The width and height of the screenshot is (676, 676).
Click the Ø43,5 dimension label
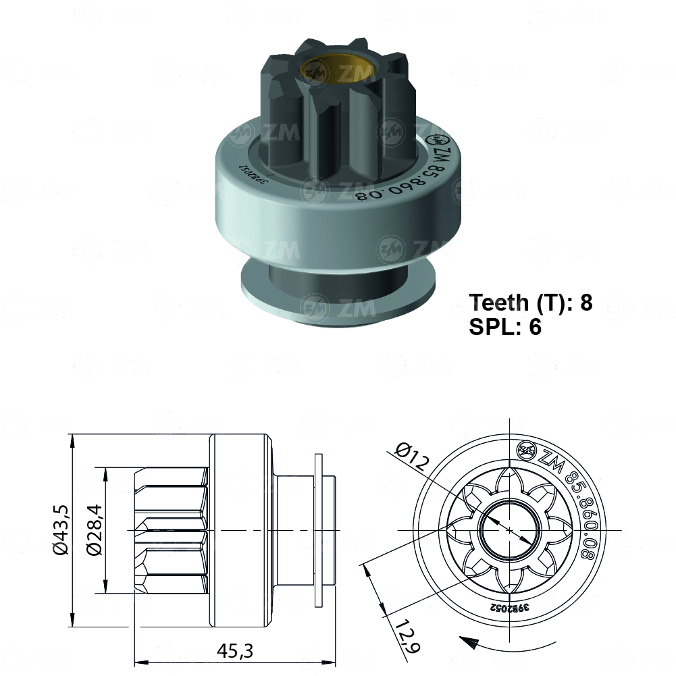pyautogui.click(x=59, y=531)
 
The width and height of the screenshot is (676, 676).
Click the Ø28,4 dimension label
pyautogui.click(x=94, y=531)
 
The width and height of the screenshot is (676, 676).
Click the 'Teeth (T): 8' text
pyautogui.click(x=530, y=302)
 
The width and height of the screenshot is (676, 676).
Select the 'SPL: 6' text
pyautogui.click(x=504, y=327)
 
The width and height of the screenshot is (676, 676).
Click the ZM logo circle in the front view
pyautogui.click(x=525, y=449)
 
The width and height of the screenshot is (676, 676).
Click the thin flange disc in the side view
pyautogui.click(x=319, y=531)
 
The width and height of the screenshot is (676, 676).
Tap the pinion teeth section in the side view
pyautogui.click(x=172, y=531)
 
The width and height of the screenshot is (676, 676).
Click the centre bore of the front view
pyautogui.click(x=507, y=531)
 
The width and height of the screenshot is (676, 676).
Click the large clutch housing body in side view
pyautogui.click(x=242, y=531)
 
